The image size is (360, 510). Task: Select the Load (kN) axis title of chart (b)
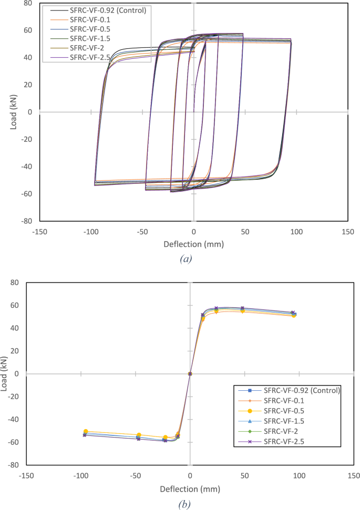click(x=5, y=373)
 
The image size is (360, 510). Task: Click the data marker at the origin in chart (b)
click(x=190, y=374)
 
